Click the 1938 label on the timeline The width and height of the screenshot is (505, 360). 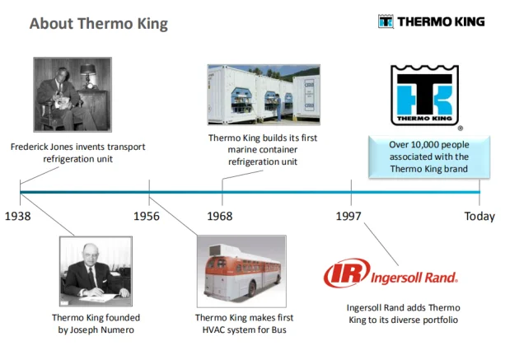tap(18, 216)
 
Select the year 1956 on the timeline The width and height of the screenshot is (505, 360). tap(147, 216)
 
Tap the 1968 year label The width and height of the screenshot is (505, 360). tap(220, 216)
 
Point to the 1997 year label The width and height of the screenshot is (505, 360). tap(348, 216)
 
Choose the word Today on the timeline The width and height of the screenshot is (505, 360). tap(479, 216)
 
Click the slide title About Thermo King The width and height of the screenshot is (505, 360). tap(99, 24)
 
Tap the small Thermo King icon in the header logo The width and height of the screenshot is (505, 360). tap(386, 21)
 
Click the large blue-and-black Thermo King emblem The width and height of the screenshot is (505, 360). tap(424, 96)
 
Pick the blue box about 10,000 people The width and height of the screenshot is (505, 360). tap(429, 157)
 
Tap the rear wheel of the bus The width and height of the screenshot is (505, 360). tap(251, 288)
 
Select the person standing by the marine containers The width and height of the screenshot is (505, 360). tap(278, 107)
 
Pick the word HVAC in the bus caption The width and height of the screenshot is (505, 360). tap(214, 330)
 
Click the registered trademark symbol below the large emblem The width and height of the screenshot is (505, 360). tap(461, 129)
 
